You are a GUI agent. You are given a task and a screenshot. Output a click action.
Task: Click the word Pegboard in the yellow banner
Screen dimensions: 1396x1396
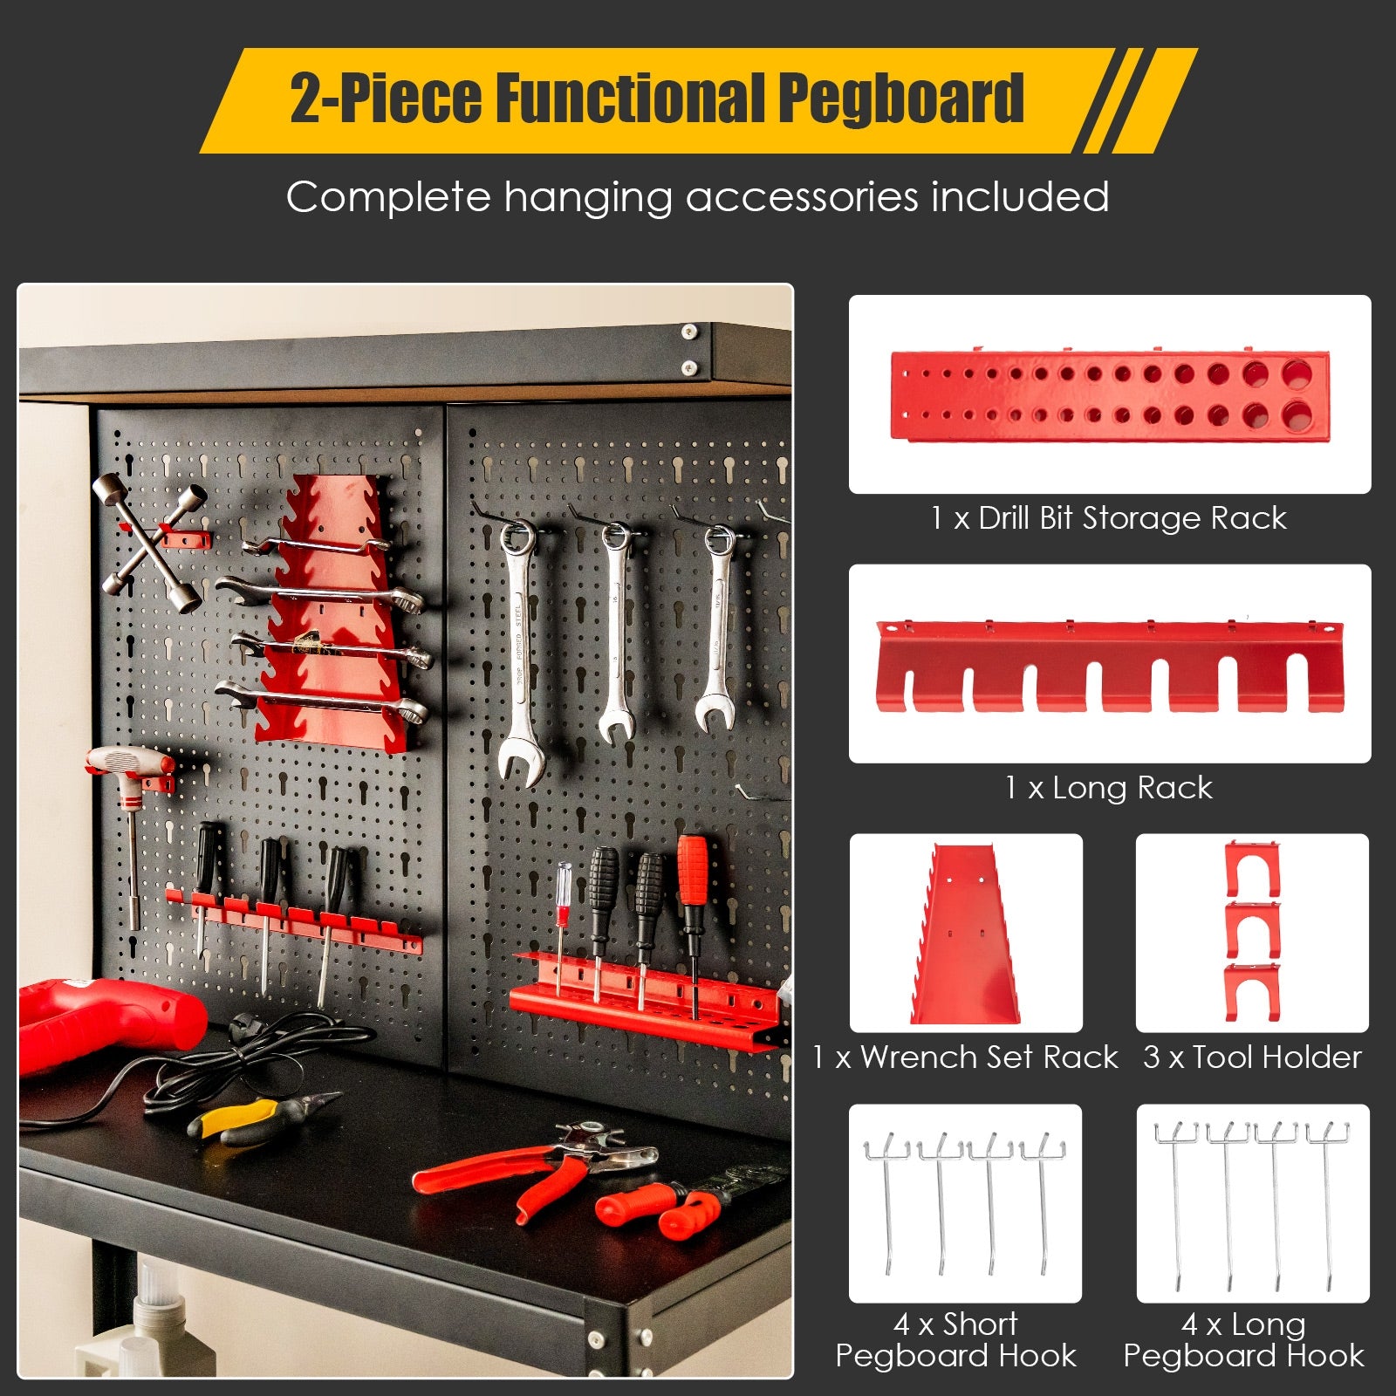900,98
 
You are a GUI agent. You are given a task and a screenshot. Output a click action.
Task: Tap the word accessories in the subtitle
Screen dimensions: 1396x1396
804,197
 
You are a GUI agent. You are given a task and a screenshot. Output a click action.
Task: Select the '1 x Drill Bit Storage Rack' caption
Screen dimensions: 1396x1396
1108,518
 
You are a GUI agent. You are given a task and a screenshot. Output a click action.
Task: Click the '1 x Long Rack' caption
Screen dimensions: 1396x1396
1108,788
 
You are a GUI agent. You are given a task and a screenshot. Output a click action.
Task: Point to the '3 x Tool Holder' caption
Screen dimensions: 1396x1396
1252,1057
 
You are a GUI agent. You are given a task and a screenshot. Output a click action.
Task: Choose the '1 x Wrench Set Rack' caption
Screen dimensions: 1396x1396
965,1057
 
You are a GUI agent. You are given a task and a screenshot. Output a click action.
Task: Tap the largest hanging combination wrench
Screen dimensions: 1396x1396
522,653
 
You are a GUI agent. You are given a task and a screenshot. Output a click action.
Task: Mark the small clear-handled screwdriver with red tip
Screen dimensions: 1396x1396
564,925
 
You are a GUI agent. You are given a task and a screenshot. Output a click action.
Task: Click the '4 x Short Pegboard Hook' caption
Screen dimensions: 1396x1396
956,1340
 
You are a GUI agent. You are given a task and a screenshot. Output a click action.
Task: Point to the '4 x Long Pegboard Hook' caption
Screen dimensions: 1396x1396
1244,1340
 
